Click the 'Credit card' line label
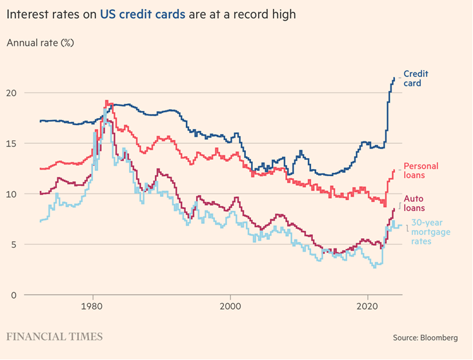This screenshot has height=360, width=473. [416, 78]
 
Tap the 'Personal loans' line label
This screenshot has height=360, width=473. [421, 170]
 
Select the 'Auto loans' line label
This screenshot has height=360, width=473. [414, 203]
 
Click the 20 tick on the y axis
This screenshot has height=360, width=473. [13, 93]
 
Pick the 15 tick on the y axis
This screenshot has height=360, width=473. [13, 143]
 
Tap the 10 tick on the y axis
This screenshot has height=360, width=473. [13, 194]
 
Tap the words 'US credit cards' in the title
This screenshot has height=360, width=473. [143, 14]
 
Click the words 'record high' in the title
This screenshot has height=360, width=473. [266, 14]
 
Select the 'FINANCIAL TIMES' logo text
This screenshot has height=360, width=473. [54, 337]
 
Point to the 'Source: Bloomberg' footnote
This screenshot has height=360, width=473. [425, 337]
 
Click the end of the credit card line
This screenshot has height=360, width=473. [394, 78]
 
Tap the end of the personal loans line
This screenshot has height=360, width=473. [394, 170]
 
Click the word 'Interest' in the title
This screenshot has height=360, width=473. [26, 14]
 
